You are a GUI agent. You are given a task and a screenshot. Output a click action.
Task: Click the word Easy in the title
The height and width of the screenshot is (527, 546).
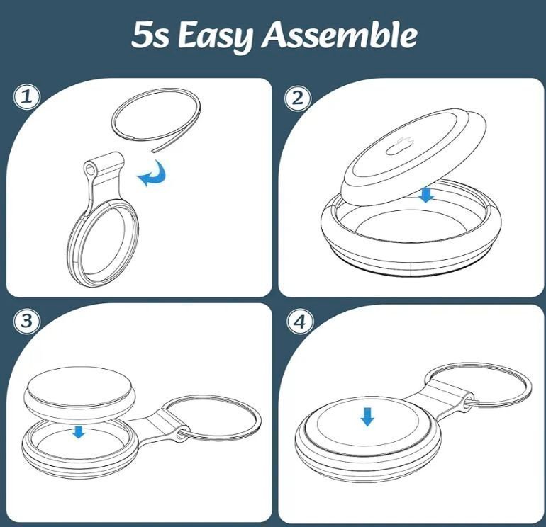tap(215, 35)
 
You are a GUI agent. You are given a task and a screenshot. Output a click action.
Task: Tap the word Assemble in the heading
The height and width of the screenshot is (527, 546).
tap(339, 34)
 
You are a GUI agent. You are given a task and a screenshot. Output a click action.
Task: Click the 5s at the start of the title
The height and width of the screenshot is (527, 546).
tap(150, 35)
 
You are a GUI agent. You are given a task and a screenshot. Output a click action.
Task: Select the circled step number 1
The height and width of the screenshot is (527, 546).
tap(27, 97)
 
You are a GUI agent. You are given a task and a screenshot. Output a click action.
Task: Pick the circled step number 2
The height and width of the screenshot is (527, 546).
tap(298, 98)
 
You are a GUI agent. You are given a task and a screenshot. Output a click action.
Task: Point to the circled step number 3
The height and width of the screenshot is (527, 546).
tap(27, 320)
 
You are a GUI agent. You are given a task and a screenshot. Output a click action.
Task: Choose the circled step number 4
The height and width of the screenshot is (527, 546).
tap(300, 322)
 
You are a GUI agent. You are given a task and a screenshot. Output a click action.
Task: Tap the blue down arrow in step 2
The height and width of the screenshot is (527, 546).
tap(426, 195)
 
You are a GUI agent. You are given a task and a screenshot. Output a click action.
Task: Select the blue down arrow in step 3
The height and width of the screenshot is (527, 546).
tap(79, 432)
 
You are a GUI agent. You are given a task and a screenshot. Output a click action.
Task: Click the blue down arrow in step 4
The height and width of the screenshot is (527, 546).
tap(367, 417)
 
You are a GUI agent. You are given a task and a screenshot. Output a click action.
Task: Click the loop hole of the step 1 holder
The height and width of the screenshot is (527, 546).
tap(90, 170)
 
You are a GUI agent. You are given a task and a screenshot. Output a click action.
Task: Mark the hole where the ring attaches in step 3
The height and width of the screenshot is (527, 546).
tap(181, 435)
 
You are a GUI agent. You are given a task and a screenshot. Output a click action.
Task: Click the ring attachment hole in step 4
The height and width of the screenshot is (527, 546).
tap(468, 399)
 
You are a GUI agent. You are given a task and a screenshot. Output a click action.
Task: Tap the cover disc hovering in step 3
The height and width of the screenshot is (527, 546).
tap(79, 392)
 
